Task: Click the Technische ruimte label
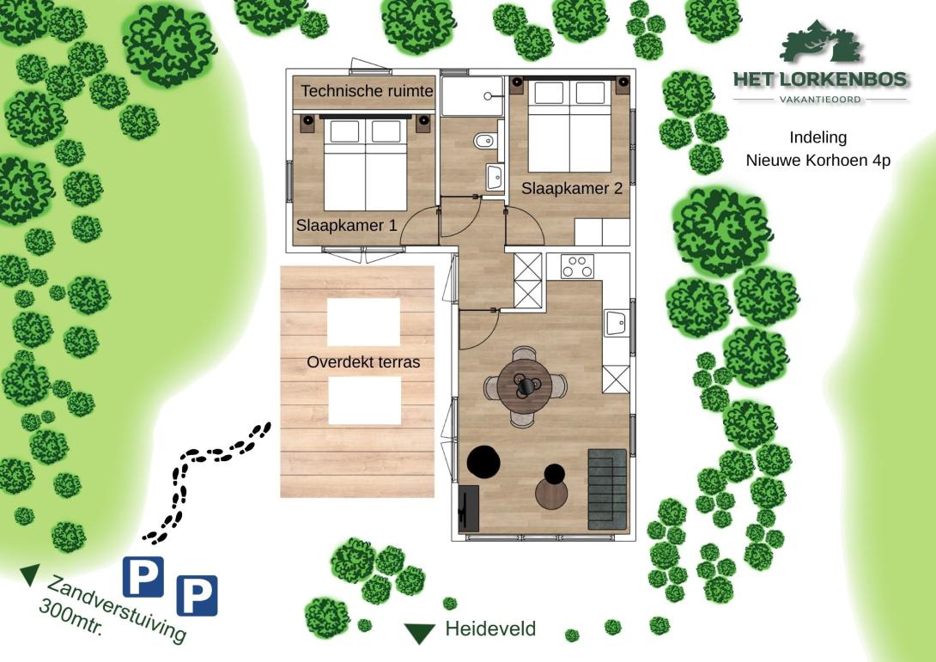(x=368, y=91)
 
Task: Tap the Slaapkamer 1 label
(x=346, y=225)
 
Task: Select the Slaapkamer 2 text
(x=572, y=188)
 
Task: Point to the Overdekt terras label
(x=363, y=361)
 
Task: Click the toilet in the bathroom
(x=484, y=142)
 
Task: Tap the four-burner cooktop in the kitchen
(x=577, y=266)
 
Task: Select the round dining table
(x=526, y=386)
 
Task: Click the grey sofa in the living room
(x=608, y=489)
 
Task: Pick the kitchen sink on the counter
(x=616, y=323)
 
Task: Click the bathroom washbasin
(x=495, y=177)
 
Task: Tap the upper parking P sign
(x=143, y=577)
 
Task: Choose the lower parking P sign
(x=197, y=595)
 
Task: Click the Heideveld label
(x=490, y=629)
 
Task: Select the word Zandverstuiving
(x=117, y=608)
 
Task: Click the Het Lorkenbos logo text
(x=820, y=79)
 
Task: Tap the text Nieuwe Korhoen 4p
(x=817, y=160)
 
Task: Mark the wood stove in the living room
(x=469, y=508)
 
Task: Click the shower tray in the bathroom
(x=472, y=96)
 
